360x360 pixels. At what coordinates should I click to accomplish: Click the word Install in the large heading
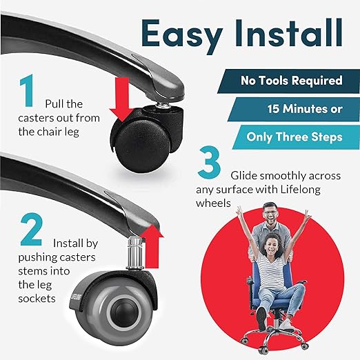288,33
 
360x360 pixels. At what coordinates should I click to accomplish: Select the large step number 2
32,230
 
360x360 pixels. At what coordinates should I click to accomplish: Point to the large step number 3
209,162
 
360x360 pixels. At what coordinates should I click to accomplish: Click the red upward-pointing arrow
152,246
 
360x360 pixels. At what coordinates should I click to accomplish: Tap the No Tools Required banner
288,81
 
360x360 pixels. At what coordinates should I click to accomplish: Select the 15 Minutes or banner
294,109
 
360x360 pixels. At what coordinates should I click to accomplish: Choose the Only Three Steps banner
296,137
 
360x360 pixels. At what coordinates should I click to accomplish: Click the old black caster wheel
143,146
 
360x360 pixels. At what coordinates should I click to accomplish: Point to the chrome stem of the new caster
135,253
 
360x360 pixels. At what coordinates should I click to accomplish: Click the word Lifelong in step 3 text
300,190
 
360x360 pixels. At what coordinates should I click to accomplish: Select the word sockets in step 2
37,299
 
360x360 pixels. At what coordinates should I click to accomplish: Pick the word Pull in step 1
54,104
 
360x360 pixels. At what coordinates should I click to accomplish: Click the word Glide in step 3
243,176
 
